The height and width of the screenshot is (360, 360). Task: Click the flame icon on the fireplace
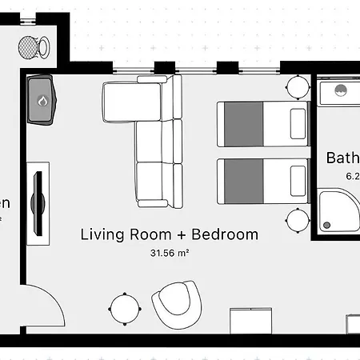pos(42,102)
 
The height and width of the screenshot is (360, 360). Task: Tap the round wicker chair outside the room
pos(31,47)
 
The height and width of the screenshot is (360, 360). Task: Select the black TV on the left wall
pos(38,201)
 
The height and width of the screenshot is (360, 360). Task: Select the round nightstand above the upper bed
pos(298,86)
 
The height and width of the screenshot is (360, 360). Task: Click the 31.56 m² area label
pos(169,253)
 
